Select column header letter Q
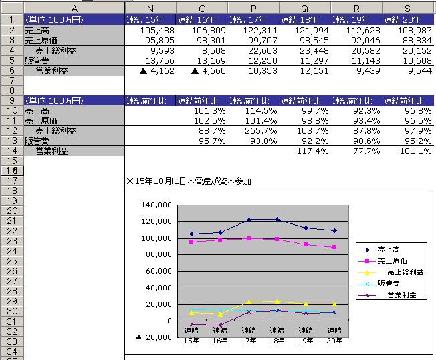[305, 7]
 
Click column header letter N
[150, 7]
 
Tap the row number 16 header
[12, 171]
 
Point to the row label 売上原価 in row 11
[41, 121]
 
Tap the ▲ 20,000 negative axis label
[154, 337]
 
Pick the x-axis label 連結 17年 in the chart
[249, 335]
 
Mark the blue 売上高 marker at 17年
[249, 219]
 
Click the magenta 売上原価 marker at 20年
[334, 247]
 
